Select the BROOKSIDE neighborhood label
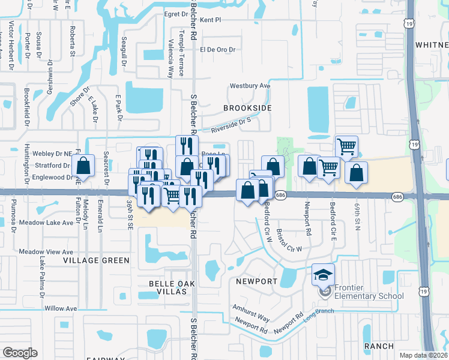(247, 108)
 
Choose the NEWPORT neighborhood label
(256, 281)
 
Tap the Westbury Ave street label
(250, 86)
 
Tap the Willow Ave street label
(61, 308)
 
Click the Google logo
(20, 352)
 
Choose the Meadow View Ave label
(46, 252)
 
